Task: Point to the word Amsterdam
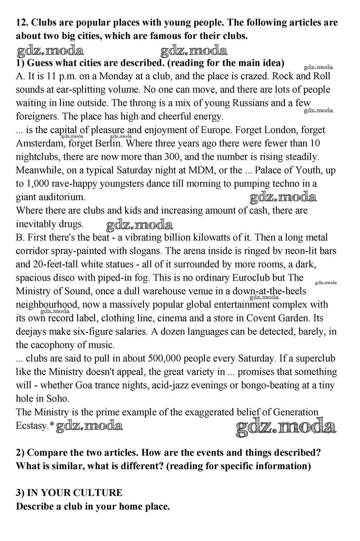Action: (39, 144)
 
